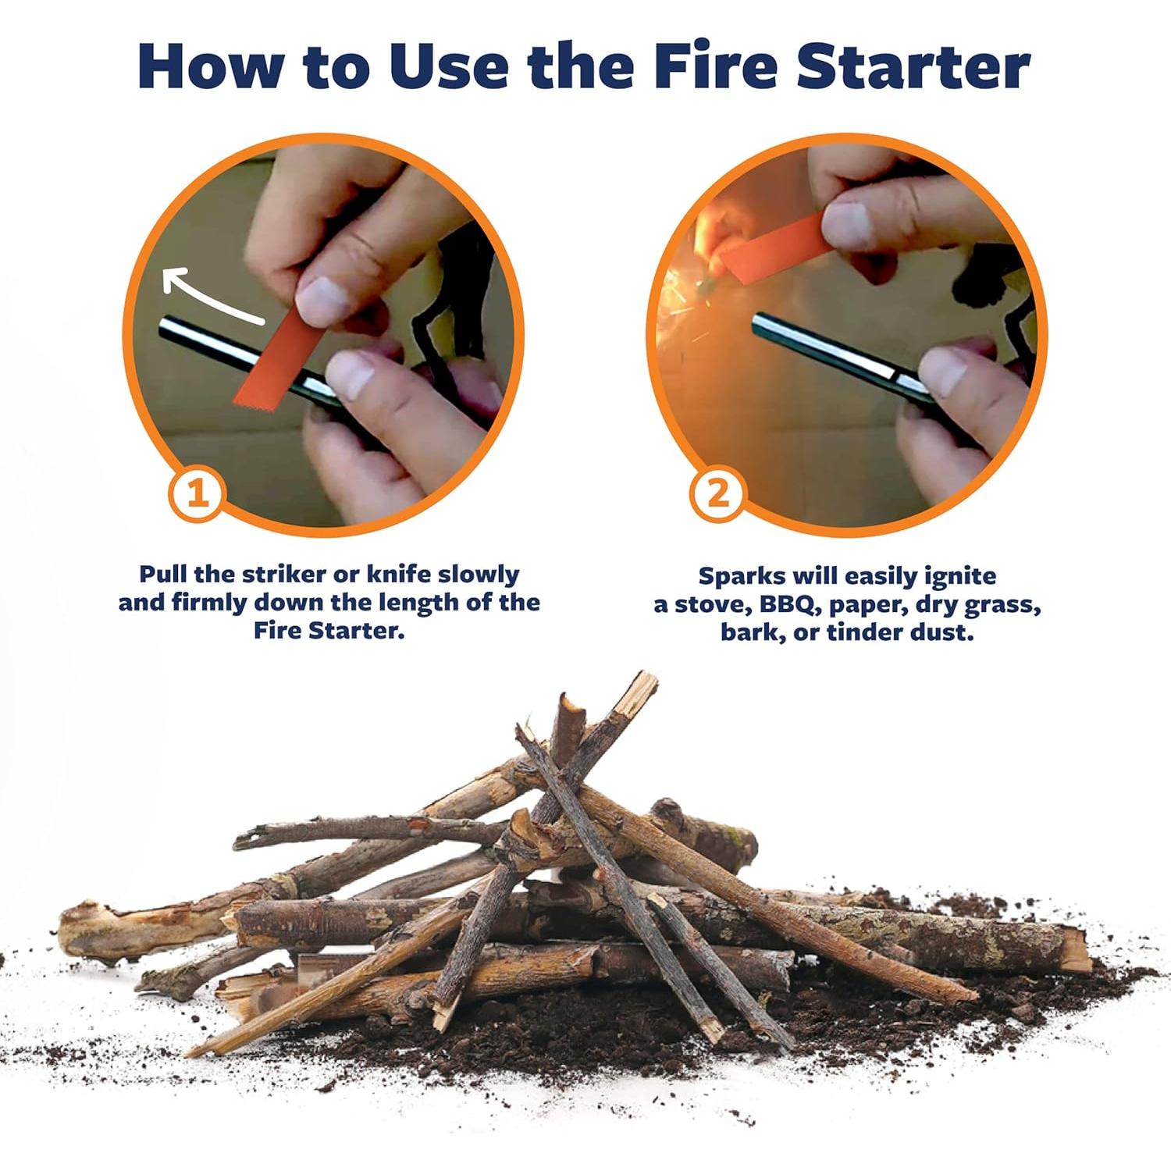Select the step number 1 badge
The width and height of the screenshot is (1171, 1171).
point(197,493)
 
